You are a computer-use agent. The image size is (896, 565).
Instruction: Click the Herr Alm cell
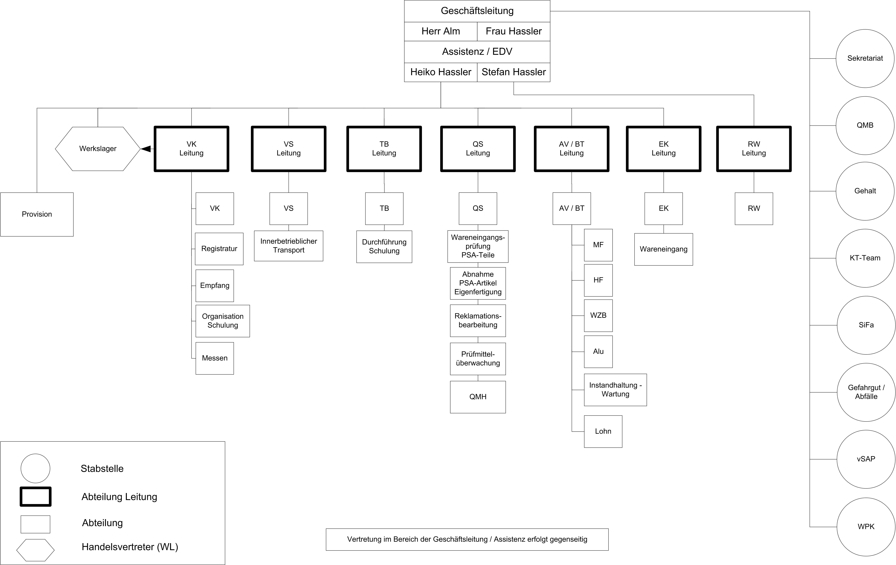441,31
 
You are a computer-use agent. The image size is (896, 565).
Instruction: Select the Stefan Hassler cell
513,72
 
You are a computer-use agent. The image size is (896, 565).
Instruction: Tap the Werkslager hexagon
98,149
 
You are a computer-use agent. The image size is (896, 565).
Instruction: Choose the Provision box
37,214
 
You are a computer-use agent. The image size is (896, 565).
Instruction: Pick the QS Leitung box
478,149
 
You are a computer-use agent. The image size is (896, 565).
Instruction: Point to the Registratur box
219,249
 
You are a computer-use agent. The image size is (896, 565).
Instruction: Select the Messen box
215,358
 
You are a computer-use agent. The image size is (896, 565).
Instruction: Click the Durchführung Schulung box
384,247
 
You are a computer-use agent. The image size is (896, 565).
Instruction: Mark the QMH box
478,397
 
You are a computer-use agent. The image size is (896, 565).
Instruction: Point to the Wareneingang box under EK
663,249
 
